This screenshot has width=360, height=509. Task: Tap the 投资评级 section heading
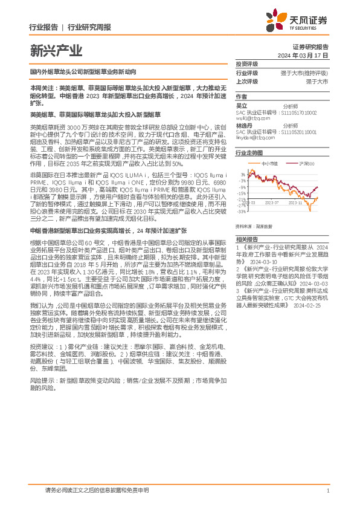coord(246,63)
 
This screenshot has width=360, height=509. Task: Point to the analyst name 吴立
coord(241,105)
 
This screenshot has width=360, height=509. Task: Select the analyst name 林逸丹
coord(243,125)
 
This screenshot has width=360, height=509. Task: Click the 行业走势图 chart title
coord(249,154)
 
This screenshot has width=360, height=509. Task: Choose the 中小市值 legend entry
coord(269,164)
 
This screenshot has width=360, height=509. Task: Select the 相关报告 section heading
coord(246,239)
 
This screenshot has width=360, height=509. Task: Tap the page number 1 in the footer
coord(327,491)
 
